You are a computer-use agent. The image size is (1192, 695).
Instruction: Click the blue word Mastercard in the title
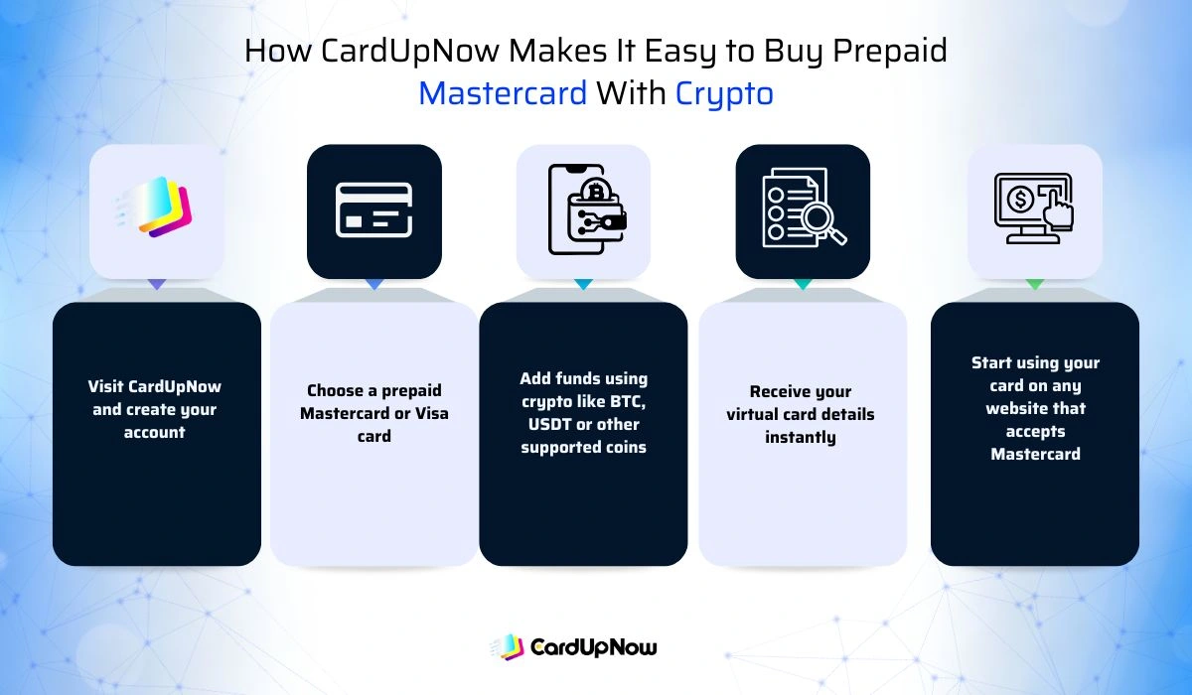[503, 93]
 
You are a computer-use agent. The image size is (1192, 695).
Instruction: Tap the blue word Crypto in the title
[724, 93]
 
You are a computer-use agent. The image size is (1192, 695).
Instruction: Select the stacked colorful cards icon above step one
[162, 208]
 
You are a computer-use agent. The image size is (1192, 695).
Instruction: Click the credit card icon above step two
[374, 208]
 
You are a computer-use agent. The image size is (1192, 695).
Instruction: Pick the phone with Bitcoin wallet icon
[584, 209]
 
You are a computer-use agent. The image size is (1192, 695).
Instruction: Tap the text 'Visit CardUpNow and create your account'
[155, 409]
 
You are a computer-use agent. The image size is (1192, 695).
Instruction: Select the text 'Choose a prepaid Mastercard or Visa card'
[374, 413]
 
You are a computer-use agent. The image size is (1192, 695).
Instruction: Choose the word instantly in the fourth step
[801, 437]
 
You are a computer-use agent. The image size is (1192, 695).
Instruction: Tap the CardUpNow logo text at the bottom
[593, 648]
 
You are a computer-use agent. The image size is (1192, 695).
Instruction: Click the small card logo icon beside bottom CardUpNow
[508, 647]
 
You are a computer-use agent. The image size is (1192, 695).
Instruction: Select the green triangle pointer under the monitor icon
[1034, 285]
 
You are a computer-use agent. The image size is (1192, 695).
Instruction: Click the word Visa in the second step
[429, 413]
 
